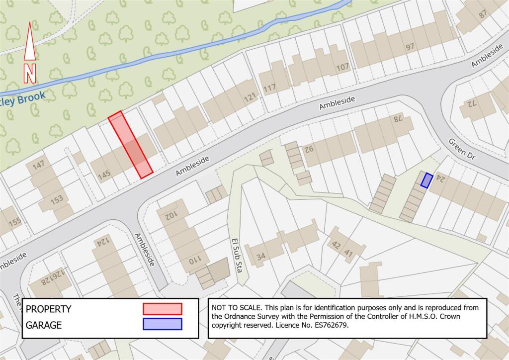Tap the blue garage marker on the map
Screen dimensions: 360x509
(426, 180)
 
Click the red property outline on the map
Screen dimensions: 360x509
(130, 144)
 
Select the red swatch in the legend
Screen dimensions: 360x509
(163, 309)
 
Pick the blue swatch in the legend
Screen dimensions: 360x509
(163, 325)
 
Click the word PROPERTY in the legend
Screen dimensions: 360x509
(48, 309)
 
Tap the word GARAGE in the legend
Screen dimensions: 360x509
(44, 325)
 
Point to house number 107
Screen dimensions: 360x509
(342, 67)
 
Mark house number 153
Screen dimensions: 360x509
(57, 199)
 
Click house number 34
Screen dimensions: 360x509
(260, 257)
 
